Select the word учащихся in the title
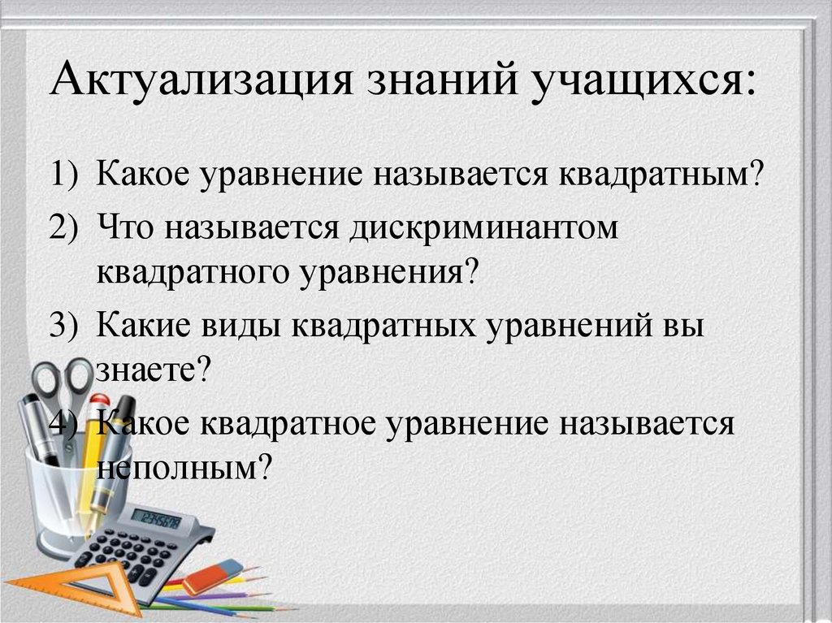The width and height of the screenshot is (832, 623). coord(638,84)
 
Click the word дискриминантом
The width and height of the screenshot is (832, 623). coord(485,228)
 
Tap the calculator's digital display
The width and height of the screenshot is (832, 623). coord(156,517)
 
